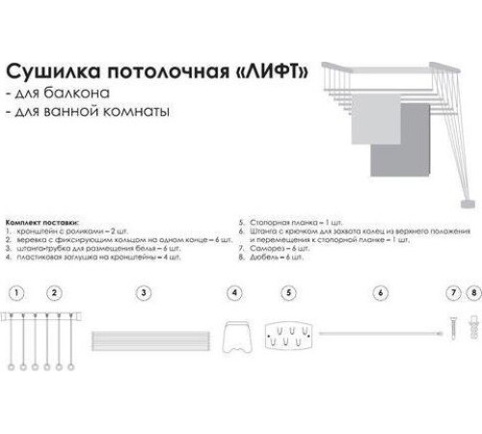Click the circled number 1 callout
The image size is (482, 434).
[13, 291]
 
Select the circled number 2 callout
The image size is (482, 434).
[55, 291]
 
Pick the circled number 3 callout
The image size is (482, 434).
[143, 291]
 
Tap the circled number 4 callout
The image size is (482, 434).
[233, 291]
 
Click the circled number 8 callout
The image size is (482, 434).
[472, 291]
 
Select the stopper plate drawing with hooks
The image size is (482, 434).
[287, 337]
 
